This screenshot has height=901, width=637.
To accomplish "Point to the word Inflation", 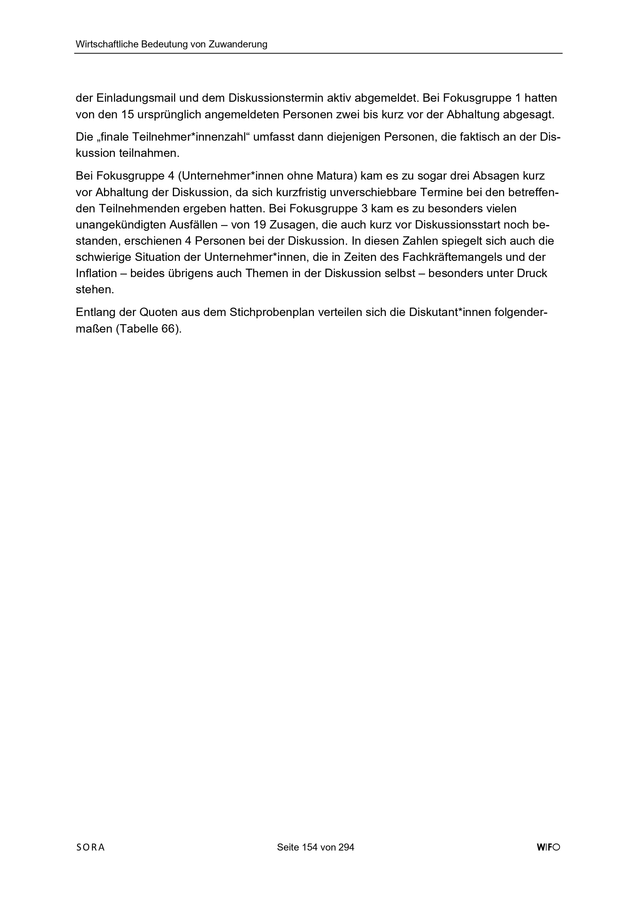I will [x=97, y=274].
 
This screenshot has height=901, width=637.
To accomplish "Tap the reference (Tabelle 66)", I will [x=149, y=329].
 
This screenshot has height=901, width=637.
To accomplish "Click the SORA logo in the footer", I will [x=91, y=847].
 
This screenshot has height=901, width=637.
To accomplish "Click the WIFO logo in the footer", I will [x=548, y=847].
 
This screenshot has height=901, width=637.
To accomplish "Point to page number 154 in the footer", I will [x=310, y=847].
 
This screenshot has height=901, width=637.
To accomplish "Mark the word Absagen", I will [x=495, y=176].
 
